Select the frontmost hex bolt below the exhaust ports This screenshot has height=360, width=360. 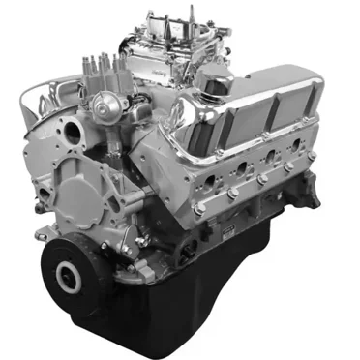pos(198,208)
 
